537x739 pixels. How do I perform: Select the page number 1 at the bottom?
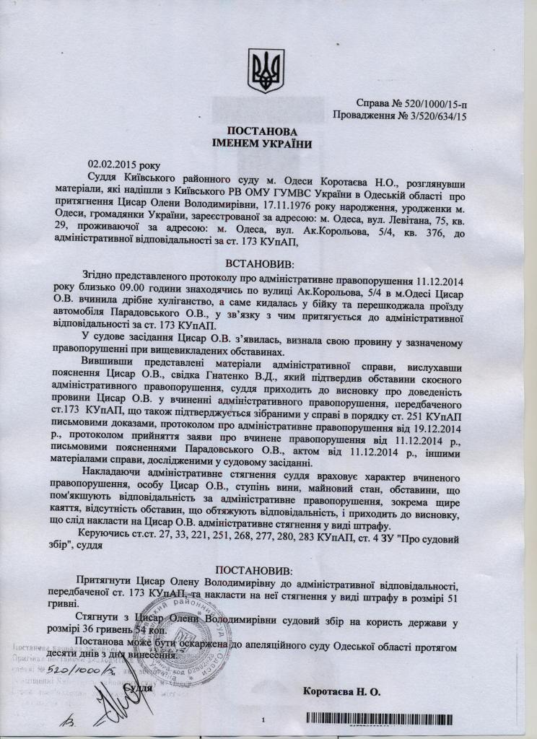click(264, 720)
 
